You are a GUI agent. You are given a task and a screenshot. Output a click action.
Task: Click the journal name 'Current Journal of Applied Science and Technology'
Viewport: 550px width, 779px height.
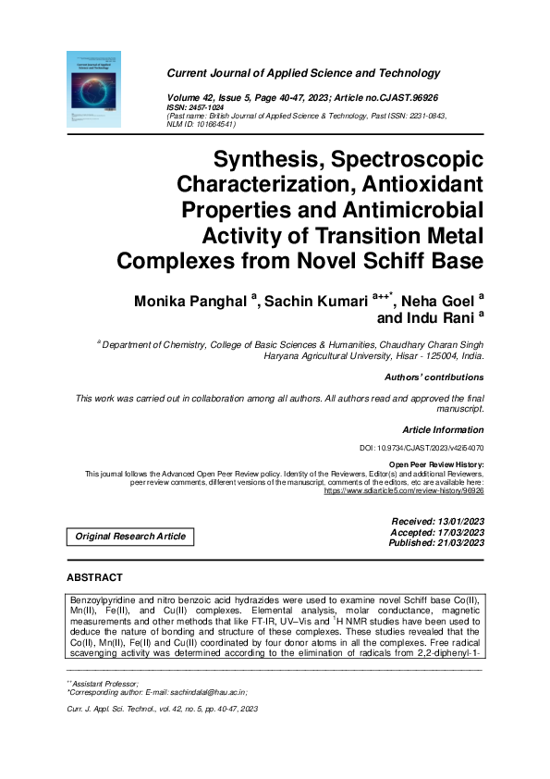303,73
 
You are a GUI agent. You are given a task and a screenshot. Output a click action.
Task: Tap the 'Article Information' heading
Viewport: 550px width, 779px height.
443,430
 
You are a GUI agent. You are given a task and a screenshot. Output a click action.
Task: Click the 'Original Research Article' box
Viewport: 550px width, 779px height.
130,537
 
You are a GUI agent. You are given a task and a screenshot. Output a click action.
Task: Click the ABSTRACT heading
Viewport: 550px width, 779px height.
95,578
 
